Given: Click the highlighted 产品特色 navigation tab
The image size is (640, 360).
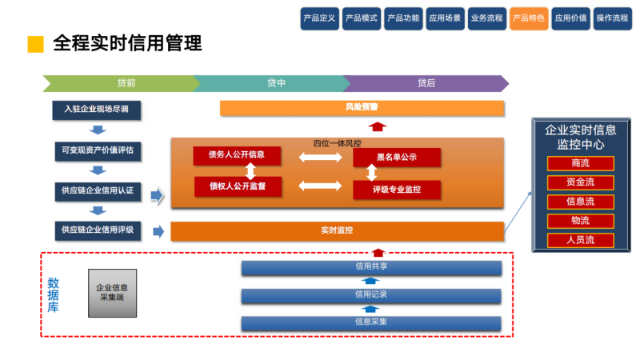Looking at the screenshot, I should pos(529,18).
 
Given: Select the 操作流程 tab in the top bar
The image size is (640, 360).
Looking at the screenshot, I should pos(612,18).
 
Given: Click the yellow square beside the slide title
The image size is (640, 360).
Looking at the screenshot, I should pos(35,45).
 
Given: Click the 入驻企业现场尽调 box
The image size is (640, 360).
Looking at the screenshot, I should pos(97,110).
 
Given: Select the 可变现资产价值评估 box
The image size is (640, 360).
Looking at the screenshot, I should pos(97,150).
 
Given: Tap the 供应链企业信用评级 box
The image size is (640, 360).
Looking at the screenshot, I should pos(98,230).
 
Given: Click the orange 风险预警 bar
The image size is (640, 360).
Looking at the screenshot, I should pos(362,108).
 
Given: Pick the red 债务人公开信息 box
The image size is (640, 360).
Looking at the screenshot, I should pos(238,155).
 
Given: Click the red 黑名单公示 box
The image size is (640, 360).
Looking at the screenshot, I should pos(397,158).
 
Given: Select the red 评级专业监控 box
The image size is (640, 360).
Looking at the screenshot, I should pos(397,190).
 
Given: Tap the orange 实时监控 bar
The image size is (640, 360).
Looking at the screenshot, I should pos(338,231).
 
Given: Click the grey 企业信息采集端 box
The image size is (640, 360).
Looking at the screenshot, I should pos(112,292).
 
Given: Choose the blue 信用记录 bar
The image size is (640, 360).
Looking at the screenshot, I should pos(371,295).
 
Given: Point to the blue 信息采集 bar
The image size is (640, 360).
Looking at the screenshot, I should pos(371,322).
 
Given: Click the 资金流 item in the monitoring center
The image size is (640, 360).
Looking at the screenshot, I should pos(580,182).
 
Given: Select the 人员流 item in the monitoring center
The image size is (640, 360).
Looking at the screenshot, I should pos(580,239).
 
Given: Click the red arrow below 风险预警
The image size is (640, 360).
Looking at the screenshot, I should pos(378,126).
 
